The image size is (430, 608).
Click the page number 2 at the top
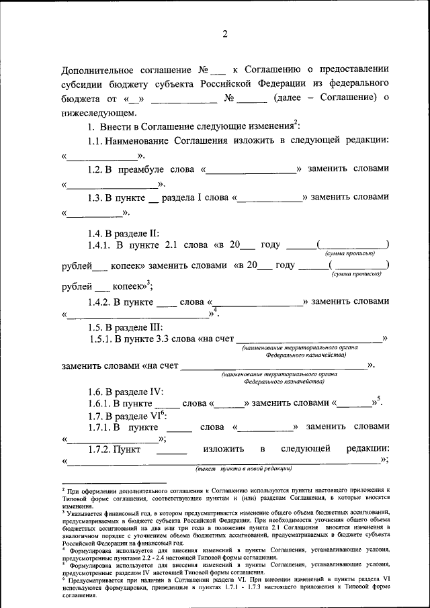225,34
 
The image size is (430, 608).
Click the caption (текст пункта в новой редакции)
243,468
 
